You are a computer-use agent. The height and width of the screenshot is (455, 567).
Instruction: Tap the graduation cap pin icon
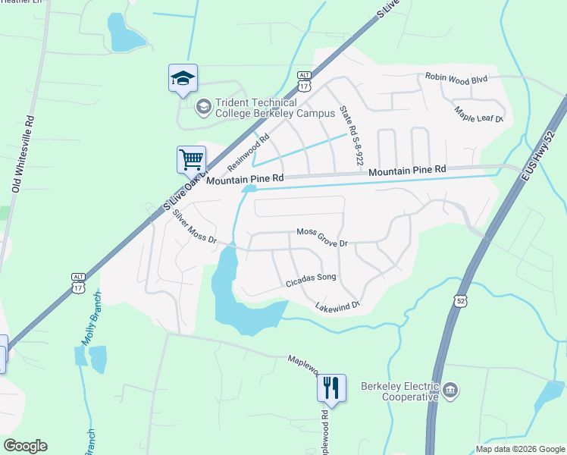tap(183, 79)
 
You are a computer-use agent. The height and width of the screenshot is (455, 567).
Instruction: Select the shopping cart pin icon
tap(191, 160)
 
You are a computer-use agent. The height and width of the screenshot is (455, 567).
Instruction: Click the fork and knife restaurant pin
tap(331, 388)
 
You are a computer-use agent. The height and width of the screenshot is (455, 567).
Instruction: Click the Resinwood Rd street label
tap(248, 152)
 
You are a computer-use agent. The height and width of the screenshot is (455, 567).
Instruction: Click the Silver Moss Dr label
tap(195, 227)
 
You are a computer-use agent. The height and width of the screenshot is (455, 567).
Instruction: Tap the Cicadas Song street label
tap(310, 278)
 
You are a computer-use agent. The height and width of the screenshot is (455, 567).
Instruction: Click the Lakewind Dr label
tap(337, 306)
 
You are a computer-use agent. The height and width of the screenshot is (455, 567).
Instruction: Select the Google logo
tap(25, 446)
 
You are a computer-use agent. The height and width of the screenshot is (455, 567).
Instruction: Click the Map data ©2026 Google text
tap(519, 448)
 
